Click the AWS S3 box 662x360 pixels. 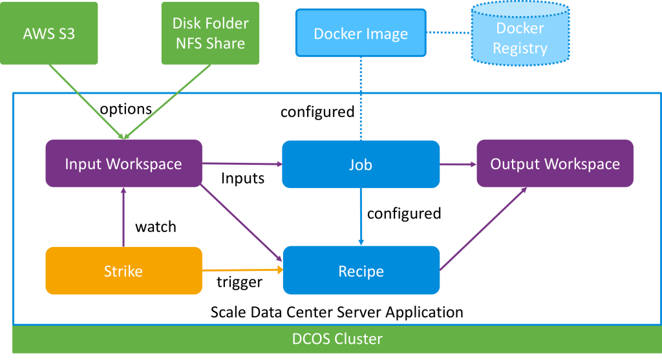pos(49,33)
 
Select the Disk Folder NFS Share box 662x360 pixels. pos(210,33)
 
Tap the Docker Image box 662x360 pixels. pos(361,34)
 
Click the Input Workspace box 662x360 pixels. pos(123,164)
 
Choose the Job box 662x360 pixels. pos(361,165)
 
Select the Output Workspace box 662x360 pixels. pos(555,164)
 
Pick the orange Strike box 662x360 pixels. pos(123,271)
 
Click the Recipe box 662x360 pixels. pos(361,271)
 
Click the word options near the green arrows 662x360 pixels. pos(126,109)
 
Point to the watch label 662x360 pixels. pos(156,227)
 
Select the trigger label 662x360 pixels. pos(239,282)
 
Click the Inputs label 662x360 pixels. pos(242,178)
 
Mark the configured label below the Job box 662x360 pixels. pos(404,213)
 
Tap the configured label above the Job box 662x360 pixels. pos(317,112)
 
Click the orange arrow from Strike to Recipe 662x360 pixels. pos(242,270)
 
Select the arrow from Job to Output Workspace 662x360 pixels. pos(458,164)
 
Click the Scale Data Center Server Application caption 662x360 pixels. pos(337,312)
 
